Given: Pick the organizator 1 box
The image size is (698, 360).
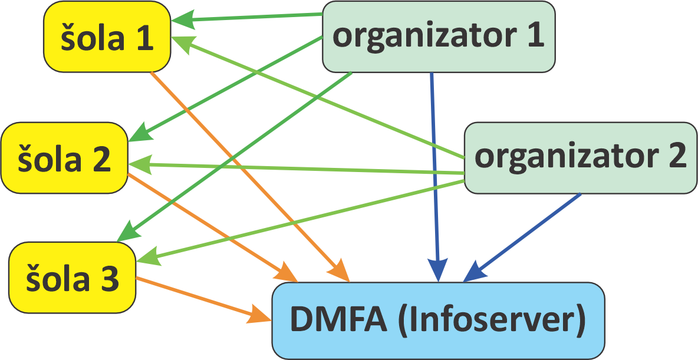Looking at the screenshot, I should pos(438,37).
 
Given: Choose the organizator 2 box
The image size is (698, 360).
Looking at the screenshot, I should pos(580,157).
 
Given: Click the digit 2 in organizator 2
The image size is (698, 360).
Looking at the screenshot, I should pos(675,157).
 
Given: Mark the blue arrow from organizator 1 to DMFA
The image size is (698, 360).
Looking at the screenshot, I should pos(434,177).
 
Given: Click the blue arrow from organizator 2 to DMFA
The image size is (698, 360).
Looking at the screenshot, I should pos(525,236).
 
